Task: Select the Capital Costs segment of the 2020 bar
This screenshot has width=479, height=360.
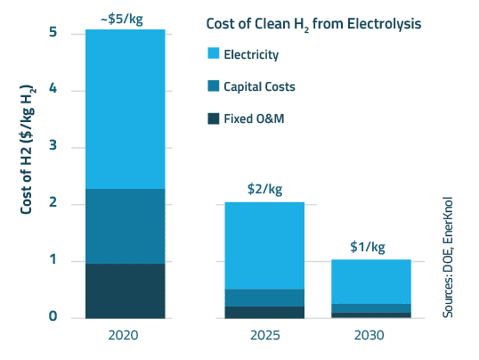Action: (125, 225)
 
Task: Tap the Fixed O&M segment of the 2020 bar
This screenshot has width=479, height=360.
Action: (125, 290)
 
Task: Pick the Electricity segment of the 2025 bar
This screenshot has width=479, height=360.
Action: (264, 245)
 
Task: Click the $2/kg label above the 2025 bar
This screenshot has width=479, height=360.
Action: (264, 189)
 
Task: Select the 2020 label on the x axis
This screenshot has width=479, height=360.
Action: (125, 336)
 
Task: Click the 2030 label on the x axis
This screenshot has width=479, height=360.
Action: (370, 336)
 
